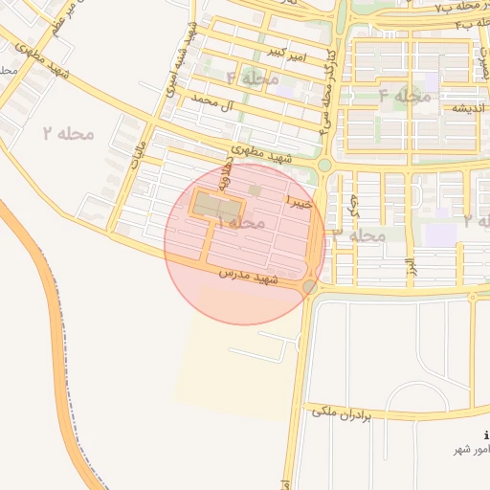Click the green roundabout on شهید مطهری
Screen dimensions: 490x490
(324, 165)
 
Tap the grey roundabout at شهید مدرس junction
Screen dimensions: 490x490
(309, 287)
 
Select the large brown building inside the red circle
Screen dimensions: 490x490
(217, 206)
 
